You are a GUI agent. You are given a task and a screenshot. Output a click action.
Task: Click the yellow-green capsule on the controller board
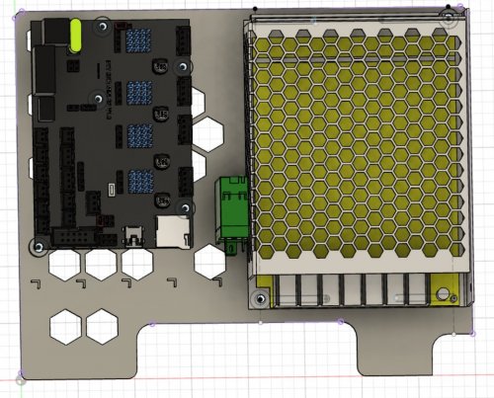coord(76,36)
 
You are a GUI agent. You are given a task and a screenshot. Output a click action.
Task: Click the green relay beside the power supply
coord(233,210)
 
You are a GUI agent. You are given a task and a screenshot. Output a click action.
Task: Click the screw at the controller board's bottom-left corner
coord(39,244)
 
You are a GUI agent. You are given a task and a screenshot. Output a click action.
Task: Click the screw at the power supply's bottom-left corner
coord(261,297)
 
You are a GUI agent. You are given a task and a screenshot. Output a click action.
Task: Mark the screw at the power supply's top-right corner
coord(448,19)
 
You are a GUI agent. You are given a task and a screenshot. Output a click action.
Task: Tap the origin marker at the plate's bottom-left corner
coord(19,376)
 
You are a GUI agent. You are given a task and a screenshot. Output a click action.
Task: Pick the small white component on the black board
coord(113,187)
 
